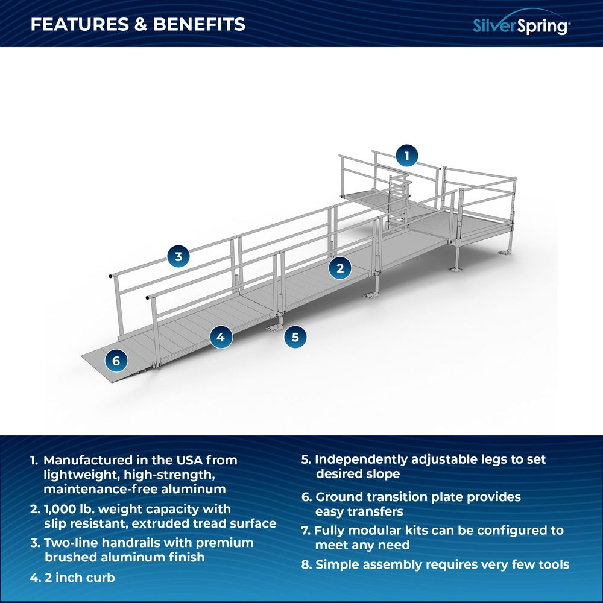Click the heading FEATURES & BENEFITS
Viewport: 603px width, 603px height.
pos(138,24)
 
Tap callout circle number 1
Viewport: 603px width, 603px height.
pos(407,156)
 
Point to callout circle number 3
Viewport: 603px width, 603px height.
pos(178,256)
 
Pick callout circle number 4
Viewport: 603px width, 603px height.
pos(221,337)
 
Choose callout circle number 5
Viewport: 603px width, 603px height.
pos(295,336)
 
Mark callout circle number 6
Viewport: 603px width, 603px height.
pos(116,361)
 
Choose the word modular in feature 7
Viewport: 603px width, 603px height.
pos(379,531)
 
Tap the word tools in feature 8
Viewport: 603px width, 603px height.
pos(551,564)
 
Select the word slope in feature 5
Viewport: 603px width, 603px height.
pos(382,474)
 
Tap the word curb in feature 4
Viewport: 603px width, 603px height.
pos(101,577)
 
